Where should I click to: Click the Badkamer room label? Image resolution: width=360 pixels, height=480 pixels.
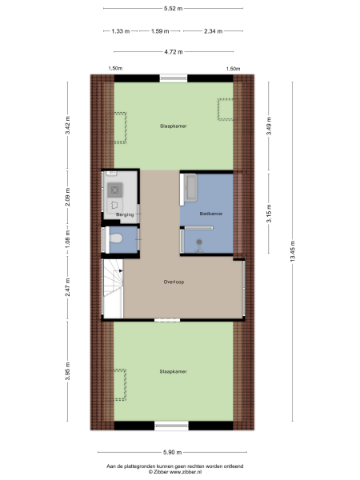[212, 215]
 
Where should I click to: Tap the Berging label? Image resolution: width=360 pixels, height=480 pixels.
[124, 215]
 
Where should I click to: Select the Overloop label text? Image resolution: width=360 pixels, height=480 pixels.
[174, 282]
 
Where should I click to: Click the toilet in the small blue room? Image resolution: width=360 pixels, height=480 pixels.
[117, 238]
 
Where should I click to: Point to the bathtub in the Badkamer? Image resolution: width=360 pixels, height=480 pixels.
[191, 189]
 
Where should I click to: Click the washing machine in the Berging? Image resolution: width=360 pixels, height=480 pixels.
[115, 190]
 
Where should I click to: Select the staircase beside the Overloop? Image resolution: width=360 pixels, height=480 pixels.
[111, 292]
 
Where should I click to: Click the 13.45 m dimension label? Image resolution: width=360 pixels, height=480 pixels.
[293, 251]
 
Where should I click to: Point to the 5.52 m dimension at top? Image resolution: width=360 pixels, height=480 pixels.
[174, 8]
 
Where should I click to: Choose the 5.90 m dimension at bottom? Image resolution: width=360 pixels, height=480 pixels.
[174, 451]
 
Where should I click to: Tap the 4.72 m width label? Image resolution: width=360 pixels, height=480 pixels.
[174, 52]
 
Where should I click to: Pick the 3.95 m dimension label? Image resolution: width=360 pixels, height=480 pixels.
[68, 371]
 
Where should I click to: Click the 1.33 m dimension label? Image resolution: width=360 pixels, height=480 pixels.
[117, 31]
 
